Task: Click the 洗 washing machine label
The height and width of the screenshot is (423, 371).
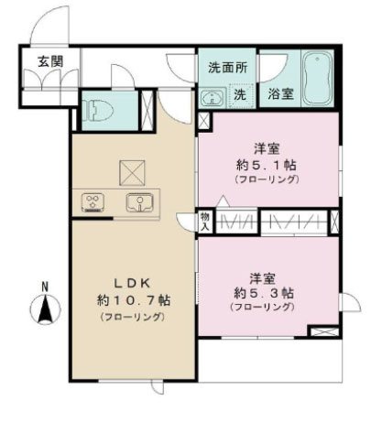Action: (x=238, y=93)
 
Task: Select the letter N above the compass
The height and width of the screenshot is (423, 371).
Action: (x=43, y=287)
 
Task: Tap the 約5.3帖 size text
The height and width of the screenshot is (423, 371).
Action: (x=263, y=292)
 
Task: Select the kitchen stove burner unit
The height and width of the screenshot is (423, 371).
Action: (x=93, y=201)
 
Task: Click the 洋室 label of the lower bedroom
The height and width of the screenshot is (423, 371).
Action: (x=263, y=276)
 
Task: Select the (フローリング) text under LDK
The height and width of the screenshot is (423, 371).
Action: (x=131, y=317)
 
